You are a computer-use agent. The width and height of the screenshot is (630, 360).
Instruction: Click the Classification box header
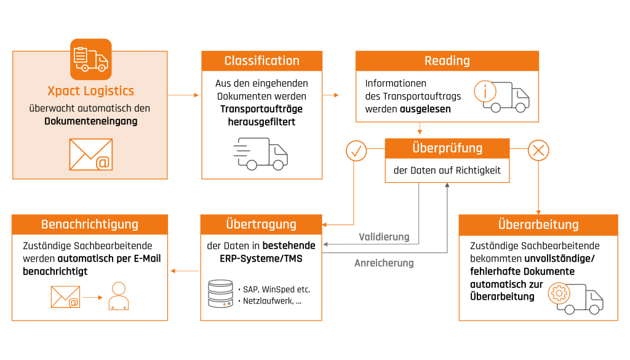(261, 60)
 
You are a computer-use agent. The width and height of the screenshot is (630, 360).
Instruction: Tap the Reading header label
(447, 60)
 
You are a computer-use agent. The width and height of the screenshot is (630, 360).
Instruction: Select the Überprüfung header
(447, 148)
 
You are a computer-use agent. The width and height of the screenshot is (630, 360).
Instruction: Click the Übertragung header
(261, 224)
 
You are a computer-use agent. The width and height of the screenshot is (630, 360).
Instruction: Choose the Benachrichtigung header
(89, 224)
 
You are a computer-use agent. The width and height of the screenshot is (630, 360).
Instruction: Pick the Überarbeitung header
(538, 224)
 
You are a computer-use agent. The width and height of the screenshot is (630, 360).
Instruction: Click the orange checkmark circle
(356, 150)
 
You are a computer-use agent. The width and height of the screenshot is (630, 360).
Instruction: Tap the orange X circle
(539, 150)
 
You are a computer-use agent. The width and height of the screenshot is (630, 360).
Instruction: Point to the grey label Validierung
(384, 237)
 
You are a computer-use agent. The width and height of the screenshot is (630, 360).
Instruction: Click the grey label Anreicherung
(384, 263)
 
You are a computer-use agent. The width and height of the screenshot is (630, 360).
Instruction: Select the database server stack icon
(221, 294)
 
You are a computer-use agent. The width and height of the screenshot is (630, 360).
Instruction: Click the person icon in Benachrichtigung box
(118, 296)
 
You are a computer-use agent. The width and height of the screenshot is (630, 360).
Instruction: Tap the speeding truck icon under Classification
(261, 154)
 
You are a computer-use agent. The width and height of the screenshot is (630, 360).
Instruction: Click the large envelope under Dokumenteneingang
(90, 154)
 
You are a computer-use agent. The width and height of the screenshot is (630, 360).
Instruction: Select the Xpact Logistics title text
(90, 91)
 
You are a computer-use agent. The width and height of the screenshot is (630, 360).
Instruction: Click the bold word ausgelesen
(425, 109)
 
